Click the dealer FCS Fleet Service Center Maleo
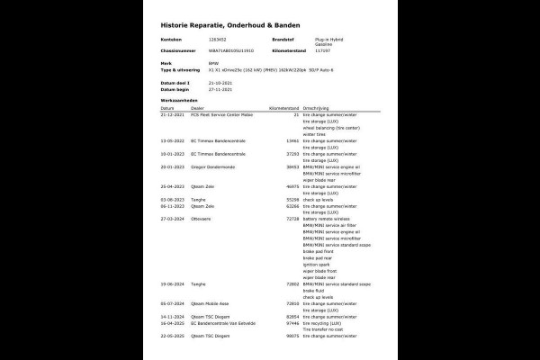[x=221, y=115]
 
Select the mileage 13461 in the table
[x=289, y=140]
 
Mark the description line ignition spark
[x=319, y=263]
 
